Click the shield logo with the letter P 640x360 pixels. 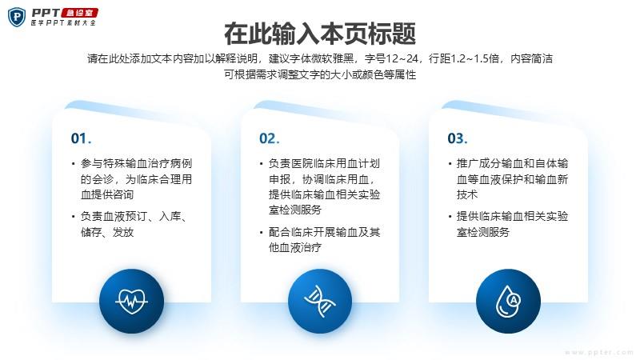click(x=17, y=17)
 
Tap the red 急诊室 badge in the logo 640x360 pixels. click(x=79, y=13)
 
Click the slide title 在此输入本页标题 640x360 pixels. click(x=319, y=34)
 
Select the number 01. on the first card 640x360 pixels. click(x=81, y=138)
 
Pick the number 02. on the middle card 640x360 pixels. click(x=270, y=138)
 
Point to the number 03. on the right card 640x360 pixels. click(x=458, y=138)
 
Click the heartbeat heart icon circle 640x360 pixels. click(x=131, y=301)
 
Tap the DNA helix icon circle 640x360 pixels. click(x=319, y=301)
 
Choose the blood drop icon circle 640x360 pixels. click(x=508, y=301)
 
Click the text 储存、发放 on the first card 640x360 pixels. click(x=107, y=232)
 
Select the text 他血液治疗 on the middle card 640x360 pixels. click(x=295, y=247)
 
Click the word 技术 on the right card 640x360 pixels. click(x=467, y=194)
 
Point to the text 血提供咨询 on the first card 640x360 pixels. click(x=107, y=194)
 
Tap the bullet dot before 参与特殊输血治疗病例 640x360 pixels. click(x=73, y=164)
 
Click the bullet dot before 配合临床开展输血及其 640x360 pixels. click(x=262, y=233)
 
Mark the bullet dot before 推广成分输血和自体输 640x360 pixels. click(x=450, y=164)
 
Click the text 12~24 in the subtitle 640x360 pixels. click(x=402, y=58)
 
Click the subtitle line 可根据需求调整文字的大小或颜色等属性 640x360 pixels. click(x=320, y=74)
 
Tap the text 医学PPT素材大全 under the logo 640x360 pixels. click(x=63, y=23)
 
